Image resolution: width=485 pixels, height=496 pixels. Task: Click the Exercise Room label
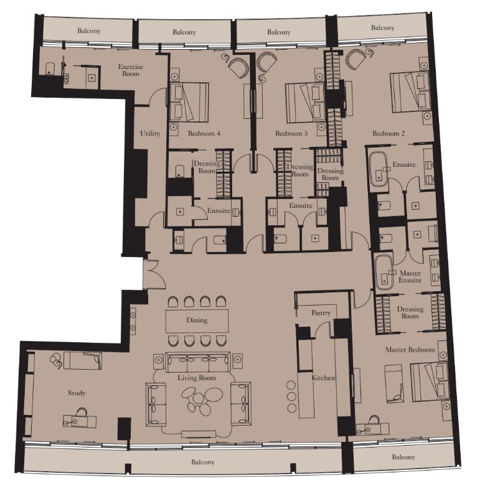[131, 70]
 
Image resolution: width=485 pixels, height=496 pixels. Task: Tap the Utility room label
[150, 133]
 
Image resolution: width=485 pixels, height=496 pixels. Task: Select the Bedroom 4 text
[204, 133]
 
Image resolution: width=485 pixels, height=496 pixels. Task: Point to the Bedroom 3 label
[291, 133]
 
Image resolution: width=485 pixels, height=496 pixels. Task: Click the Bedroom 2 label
[388, 133]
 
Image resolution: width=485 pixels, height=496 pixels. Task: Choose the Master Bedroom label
[410, 350]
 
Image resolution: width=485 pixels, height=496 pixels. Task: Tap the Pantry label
[321, 313]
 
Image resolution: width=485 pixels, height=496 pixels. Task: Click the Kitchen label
[323, 378]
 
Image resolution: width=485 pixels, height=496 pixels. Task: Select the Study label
[77, 393]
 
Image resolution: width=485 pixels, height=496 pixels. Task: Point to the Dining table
[197, 321]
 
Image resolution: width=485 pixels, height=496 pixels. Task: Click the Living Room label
[197, 378]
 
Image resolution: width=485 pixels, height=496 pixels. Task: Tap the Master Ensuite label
[410, 276]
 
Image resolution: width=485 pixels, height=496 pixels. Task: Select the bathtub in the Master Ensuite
[384, 273]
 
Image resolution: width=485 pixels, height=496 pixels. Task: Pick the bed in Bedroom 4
[189, 102]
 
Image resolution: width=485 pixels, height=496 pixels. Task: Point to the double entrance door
[154, 274]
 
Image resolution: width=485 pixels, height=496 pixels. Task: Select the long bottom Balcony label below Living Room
[203, 462]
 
